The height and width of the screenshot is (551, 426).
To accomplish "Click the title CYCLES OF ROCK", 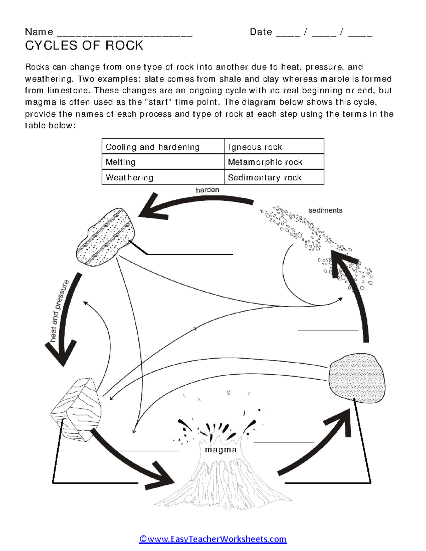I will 84,45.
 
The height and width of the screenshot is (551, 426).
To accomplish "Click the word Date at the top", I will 261,32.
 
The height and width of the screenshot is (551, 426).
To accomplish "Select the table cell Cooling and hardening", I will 163,147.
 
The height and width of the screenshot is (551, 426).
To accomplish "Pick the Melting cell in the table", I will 163,162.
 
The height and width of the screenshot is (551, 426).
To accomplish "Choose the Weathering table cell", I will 163,177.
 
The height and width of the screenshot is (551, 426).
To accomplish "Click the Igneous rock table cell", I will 274,147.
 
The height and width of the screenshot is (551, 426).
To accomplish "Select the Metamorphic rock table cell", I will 274,162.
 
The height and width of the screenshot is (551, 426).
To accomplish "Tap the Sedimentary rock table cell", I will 274,177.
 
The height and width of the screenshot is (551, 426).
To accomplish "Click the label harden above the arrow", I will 207,190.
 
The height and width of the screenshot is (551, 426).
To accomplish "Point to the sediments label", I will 325,210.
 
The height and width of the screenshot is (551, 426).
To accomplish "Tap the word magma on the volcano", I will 221,450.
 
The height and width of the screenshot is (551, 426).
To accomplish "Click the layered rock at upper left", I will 105,237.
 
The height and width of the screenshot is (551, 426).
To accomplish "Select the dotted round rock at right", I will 357,378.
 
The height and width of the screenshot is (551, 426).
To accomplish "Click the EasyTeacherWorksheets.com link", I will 213,539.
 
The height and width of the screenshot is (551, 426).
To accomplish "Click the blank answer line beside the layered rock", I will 190,254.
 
